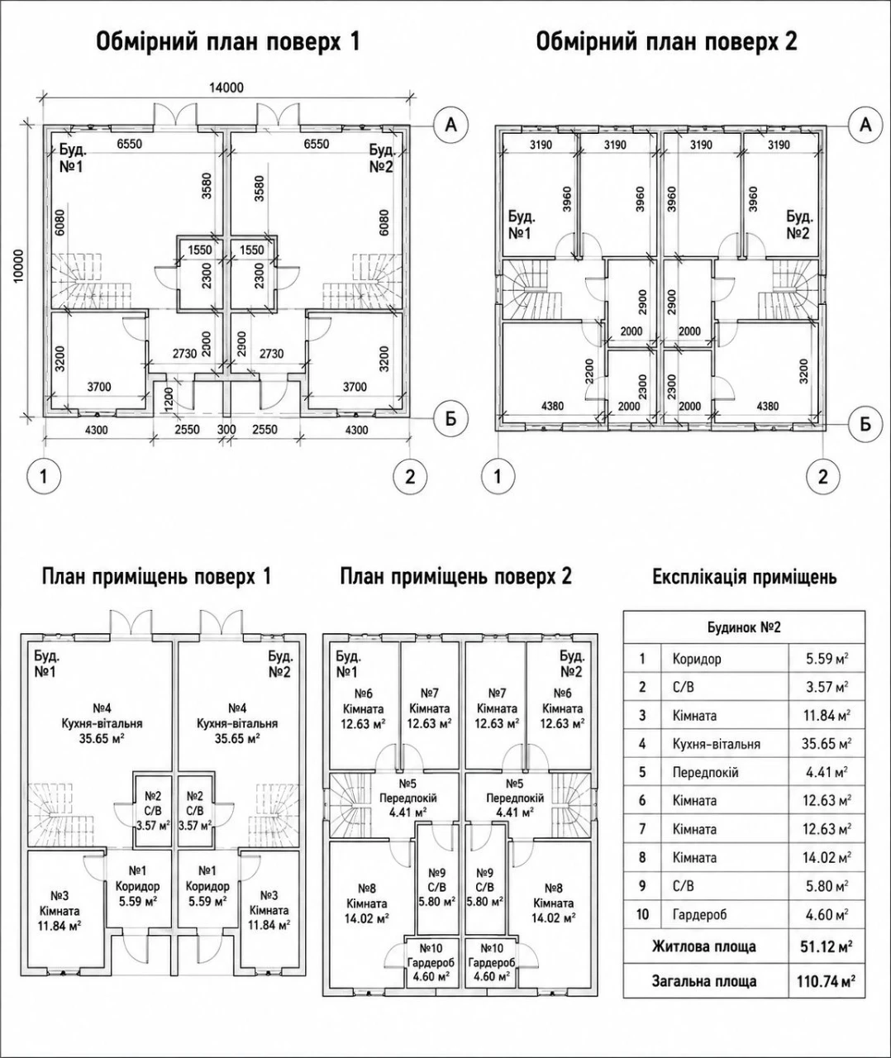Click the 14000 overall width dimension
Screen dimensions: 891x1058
(x=226, y=88)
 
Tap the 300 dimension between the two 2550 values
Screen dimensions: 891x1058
(x=226, y=430)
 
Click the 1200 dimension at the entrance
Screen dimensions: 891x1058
(x=169, y=398)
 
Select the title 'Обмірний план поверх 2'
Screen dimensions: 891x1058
(x=666, y=41)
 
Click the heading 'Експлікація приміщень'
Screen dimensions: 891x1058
(x=745, y=577)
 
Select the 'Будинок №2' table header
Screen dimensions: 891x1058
(x=744, y=627)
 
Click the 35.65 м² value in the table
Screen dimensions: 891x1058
(x=827, y=745)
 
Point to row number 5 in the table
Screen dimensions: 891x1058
(x=642, y=773)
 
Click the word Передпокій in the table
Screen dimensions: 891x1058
(x=706, y=773)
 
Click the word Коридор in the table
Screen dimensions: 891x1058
(x=697, y=660)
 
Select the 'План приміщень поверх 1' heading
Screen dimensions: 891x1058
(x=156, y=577)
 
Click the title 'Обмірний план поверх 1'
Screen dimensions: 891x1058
(x=228, y=41)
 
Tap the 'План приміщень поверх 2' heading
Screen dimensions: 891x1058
(x=455, y=577)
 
